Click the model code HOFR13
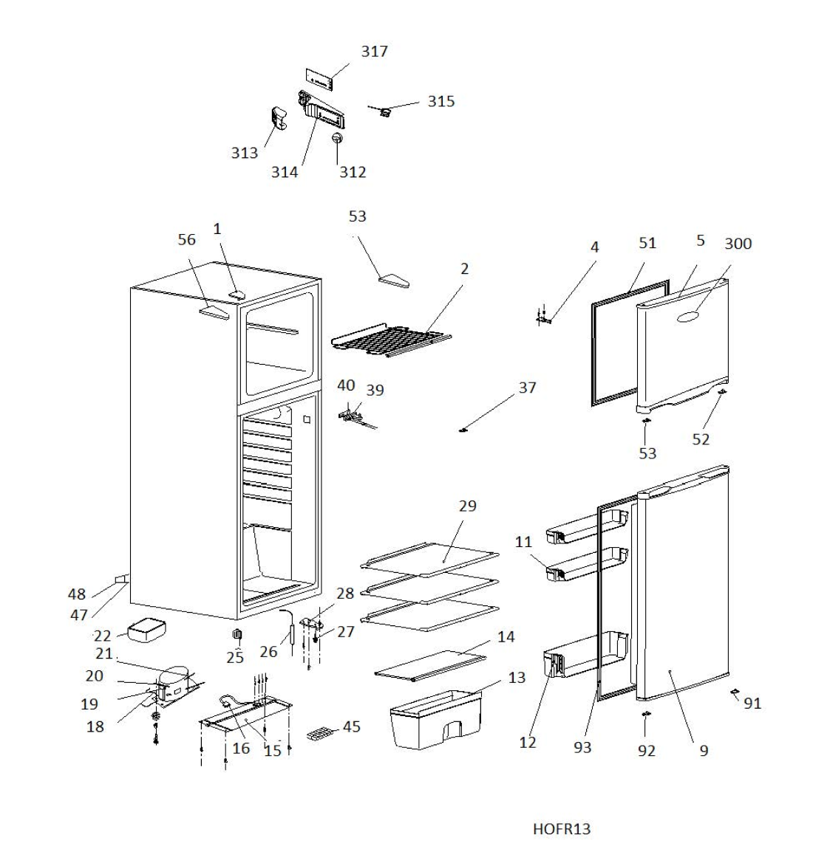pyautogui.click(x=562, y=829)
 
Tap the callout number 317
pyautogui.click(x=374, y=51)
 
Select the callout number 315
pyautogui.click(x=441, y=101)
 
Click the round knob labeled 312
pyautogui.click(x=338, y=139)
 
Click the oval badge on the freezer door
pyautogui.click(x=688, y=316)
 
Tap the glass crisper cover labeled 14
pyautogui.click(x=432, y=663)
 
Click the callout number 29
pyautogui.click(x=467, y=506)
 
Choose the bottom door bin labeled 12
pyautogui.click(x=584, y=655)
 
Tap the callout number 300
pyautogui.click(x=738, y=244)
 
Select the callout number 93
pyautogui.click(x=582, y=748)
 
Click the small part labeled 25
pyautogui.click(x=237, y=634)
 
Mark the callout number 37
pyautogui.click(x=527, y=388)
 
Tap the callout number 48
pyautogui.click(x=77, y=594)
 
